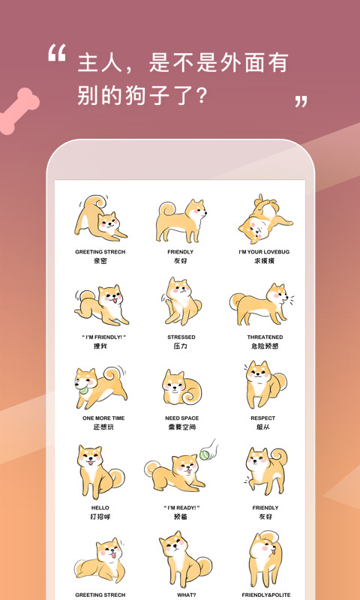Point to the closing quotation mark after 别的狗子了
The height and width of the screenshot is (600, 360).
[301, 101]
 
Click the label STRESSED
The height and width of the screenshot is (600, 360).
[181, 337]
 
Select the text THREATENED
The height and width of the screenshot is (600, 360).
[265, 337]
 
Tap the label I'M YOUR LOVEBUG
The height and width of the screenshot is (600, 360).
[265, 252]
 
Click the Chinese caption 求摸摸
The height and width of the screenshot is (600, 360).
[265, 262]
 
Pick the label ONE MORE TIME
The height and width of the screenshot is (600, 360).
[100, 418]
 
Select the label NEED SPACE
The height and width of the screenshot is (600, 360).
[181, 418]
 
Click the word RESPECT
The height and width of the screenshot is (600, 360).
[263, 418]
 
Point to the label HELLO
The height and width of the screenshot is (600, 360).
[100, 508]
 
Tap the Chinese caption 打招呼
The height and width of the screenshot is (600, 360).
[100, 517]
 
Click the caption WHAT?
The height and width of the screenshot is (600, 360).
[181, 594]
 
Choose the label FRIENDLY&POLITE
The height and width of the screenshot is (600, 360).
[265, 594]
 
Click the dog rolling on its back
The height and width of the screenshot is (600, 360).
[262, 218]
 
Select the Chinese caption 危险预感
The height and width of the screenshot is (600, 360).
[265, 347]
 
